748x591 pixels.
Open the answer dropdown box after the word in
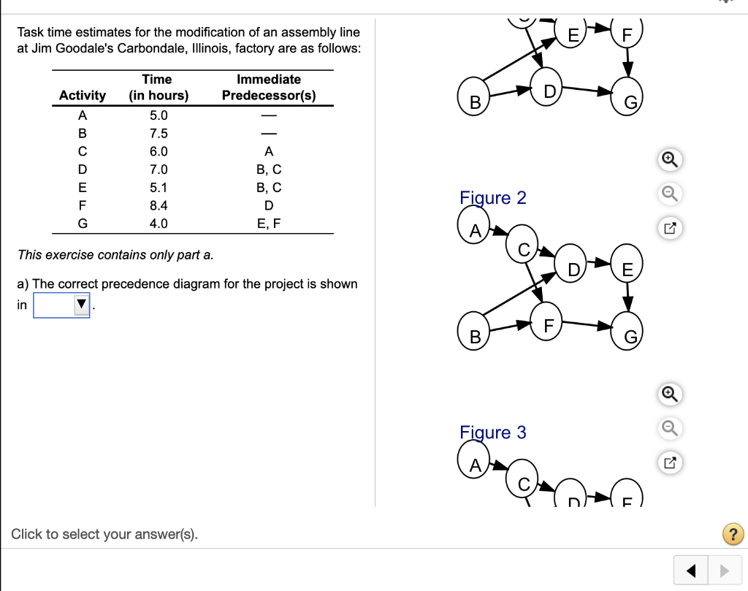(61, 305)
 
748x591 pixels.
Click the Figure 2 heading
(492, 198)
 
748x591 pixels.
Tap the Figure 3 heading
(492, 432)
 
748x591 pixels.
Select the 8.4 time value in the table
(159, 206)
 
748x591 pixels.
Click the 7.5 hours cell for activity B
(159, 134)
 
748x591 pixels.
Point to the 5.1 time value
(159, 188)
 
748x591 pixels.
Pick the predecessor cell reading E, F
(269, 224)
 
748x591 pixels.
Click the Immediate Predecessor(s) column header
(269, 88)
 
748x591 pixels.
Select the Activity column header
(83, 96)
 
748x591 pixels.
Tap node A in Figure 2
(475, 232)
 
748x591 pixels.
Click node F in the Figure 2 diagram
(549, 324)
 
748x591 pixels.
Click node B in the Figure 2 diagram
(475, 337)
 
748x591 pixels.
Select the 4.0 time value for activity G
(159, 224)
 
